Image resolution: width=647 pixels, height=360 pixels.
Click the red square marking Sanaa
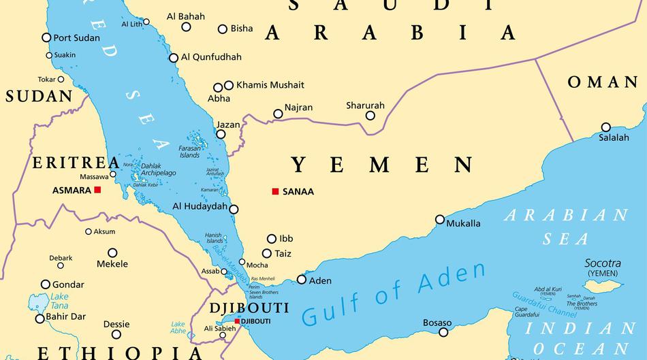(275, 191)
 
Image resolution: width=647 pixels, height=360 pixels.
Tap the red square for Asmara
(98, 190)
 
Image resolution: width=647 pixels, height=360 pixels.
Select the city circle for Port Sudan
(46, 37)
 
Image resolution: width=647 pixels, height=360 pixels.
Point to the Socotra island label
(603, 263)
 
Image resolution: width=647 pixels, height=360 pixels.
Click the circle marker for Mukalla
(440, 219)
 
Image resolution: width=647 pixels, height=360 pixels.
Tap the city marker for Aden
(302, 279)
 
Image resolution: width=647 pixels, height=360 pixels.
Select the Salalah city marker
(605, 127)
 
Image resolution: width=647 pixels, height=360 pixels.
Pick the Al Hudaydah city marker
(234, 209)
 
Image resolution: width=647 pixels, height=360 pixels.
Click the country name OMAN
(603, 82)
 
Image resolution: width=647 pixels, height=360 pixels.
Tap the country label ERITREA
(76, 163)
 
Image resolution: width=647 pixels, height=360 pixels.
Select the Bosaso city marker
(443, 332)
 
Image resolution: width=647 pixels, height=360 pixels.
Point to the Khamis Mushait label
(270, 85)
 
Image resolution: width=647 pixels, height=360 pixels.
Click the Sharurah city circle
(370, 115)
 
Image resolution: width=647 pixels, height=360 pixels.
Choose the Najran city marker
(278, 114)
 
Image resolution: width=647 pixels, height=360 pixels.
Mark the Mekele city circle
(112, 252)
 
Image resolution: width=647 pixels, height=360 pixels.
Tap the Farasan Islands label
(189, 151)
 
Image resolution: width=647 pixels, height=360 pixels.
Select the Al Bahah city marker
(186, 27)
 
